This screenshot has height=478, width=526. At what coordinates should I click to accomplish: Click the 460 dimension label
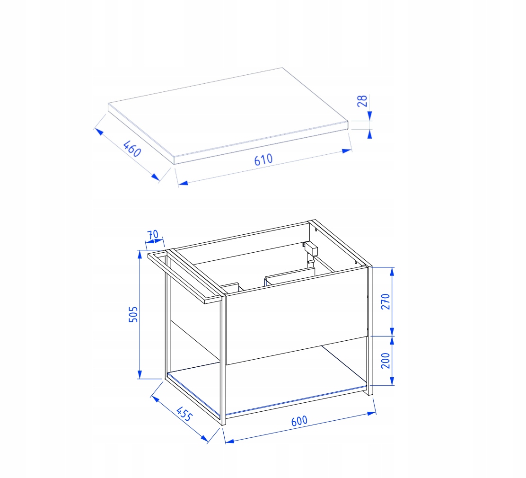132,149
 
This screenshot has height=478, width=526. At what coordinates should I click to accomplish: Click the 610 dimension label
263,160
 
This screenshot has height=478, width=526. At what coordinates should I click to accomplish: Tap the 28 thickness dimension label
362,101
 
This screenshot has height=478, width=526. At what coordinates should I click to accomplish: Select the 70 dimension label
153,234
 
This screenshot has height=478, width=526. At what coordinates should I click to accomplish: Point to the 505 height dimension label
133,315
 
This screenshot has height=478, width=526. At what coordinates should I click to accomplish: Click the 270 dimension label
386,301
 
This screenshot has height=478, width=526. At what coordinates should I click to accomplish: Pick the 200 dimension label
386,361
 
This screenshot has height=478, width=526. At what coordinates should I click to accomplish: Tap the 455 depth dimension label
184,414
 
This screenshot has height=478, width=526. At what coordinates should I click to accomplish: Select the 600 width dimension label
299,421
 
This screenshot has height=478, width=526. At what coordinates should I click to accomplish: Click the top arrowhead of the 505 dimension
140,254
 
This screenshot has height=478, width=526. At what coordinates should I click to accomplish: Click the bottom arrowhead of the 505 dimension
140,375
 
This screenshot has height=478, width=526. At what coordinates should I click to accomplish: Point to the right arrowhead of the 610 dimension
347,151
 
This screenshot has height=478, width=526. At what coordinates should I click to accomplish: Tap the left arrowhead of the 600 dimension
230,441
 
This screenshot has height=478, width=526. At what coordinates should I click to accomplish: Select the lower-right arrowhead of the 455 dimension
204,438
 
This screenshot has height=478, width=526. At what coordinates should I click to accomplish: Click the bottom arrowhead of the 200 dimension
392,381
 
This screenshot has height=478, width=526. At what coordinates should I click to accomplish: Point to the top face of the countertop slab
228,111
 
